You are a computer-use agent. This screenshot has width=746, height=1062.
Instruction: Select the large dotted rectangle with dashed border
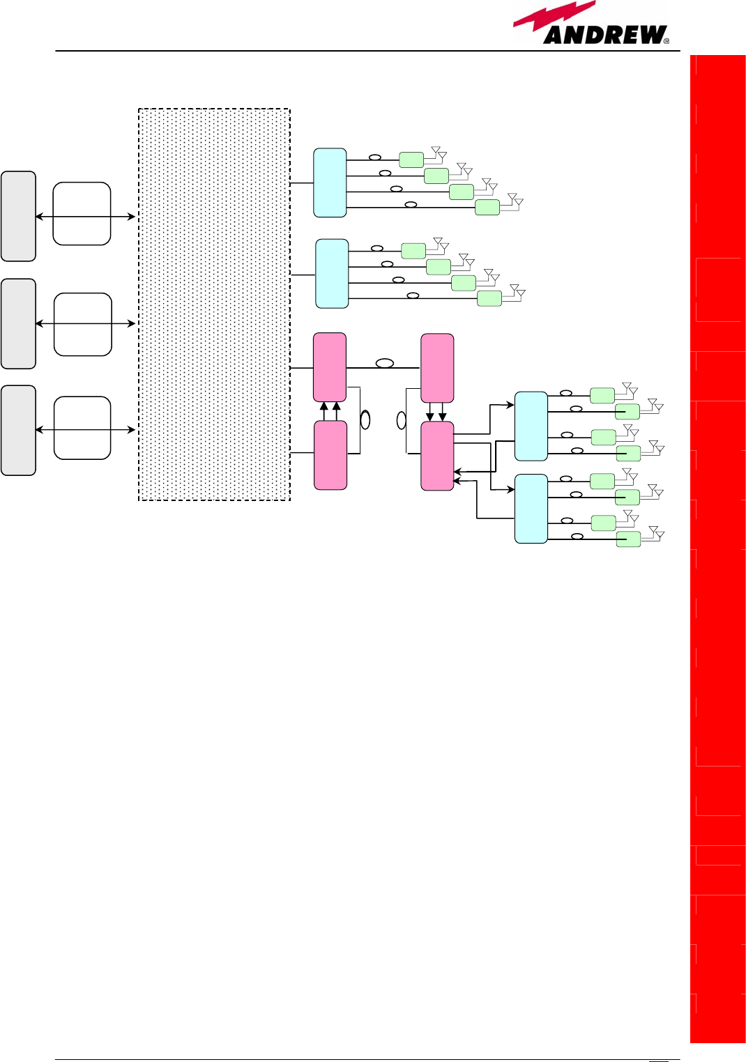pos(214,305)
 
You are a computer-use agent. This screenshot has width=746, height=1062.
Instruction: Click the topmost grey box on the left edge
pos(18,216)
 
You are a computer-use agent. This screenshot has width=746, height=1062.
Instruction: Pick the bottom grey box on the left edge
pos(18,430)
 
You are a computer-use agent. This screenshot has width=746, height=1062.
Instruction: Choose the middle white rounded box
pos(82,324)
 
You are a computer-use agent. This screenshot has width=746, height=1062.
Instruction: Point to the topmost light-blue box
pos(330,183)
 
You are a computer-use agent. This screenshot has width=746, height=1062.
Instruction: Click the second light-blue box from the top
pos(332,273)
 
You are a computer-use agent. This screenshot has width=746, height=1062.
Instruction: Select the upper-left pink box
pos(330,367)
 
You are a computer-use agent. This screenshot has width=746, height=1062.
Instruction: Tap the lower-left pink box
pos(330,455)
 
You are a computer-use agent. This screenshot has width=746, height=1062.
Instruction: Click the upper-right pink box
pos(437,368)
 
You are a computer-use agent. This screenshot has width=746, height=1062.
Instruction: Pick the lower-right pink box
pos(437,456)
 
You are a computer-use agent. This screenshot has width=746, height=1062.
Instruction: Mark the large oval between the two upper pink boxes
pos(385,364)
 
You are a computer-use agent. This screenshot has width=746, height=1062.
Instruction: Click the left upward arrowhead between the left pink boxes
pos(323,406)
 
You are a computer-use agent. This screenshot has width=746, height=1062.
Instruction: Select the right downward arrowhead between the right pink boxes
pos(442,417)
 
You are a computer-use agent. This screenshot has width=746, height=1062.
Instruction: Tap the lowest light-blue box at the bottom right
pos(531,509)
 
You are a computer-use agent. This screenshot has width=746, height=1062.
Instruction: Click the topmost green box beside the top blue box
pos(411,160)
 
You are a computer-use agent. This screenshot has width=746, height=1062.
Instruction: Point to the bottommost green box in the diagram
pos(628,539)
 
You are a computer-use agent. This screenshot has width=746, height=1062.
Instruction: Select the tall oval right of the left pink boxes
pos(365,420)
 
